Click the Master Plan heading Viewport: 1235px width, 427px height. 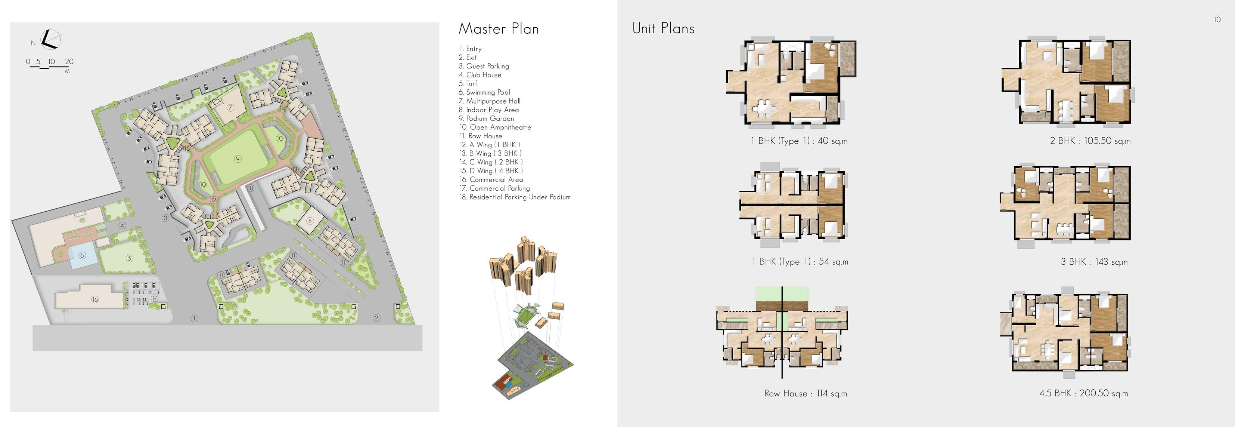[499, 29]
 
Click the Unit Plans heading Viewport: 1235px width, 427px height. [663, 29]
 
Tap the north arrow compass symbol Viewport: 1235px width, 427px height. [49, 39]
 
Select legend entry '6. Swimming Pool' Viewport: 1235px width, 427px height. [484, 92]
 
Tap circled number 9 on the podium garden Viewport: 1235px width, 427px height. [237, 159]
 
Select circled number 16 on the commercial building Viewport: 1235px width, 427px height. [94, 299]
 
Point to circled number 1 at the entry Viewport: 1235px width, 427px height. [194, 318]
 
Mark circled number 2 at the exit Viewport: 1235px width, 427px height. [376, 317]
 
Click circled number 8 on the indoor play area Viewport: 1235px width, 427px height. [310, 221]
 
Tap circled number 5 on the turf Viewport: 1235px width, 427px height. [129, 258]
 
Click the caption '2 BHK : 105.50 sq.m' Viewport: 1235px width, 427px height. [1090, 141]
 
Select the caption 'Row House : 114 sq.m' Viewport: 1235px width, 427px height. [806, 393]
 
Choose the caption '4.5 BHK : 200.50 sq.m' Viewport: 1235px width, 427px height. [1083, 393]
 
